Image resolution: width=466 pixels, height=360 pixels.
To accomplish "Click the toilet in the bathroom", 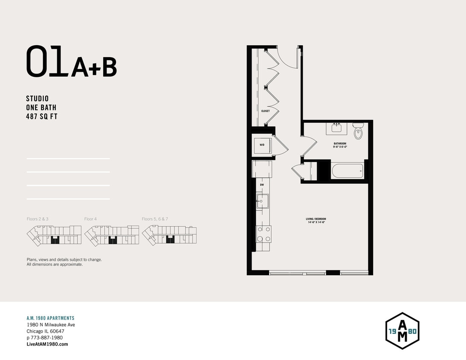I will (358, 132).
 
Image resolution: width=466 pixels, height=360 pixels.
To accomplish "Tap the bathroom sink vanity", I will (337, 128).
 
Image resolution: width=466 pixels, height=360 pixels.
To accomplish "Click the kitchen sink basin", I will (262, 200).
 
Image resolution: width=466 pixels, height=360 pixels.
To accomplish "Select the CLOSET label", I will (266, 111).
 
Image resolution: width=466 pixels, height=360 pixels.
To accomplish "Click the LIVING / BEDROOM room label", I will (315, 221).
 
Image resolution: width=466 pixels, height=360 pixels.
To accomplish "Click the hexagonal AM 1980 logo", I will (402, 331).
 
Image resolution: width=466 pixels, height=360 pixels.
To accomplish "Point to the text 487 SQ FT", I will (41, 116).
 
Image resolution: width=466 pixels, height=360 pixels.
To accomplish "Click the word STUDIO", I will (38, 99).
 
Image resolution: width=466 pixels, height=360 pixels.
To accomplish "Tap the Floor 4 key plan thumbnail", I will (112, 235).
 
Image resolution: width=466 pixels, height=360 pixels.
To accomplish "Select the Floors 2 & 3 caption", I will (38, 219).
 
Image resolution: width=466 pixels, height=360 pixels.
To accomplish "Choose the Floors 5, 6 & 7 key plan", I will (170, 235).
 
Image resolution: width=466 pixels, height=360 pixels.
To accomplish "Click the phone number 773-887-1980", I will (47, 337).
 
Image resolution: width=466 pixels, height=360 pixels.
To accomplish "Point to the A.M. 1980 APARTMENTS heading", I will (50, 318).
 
